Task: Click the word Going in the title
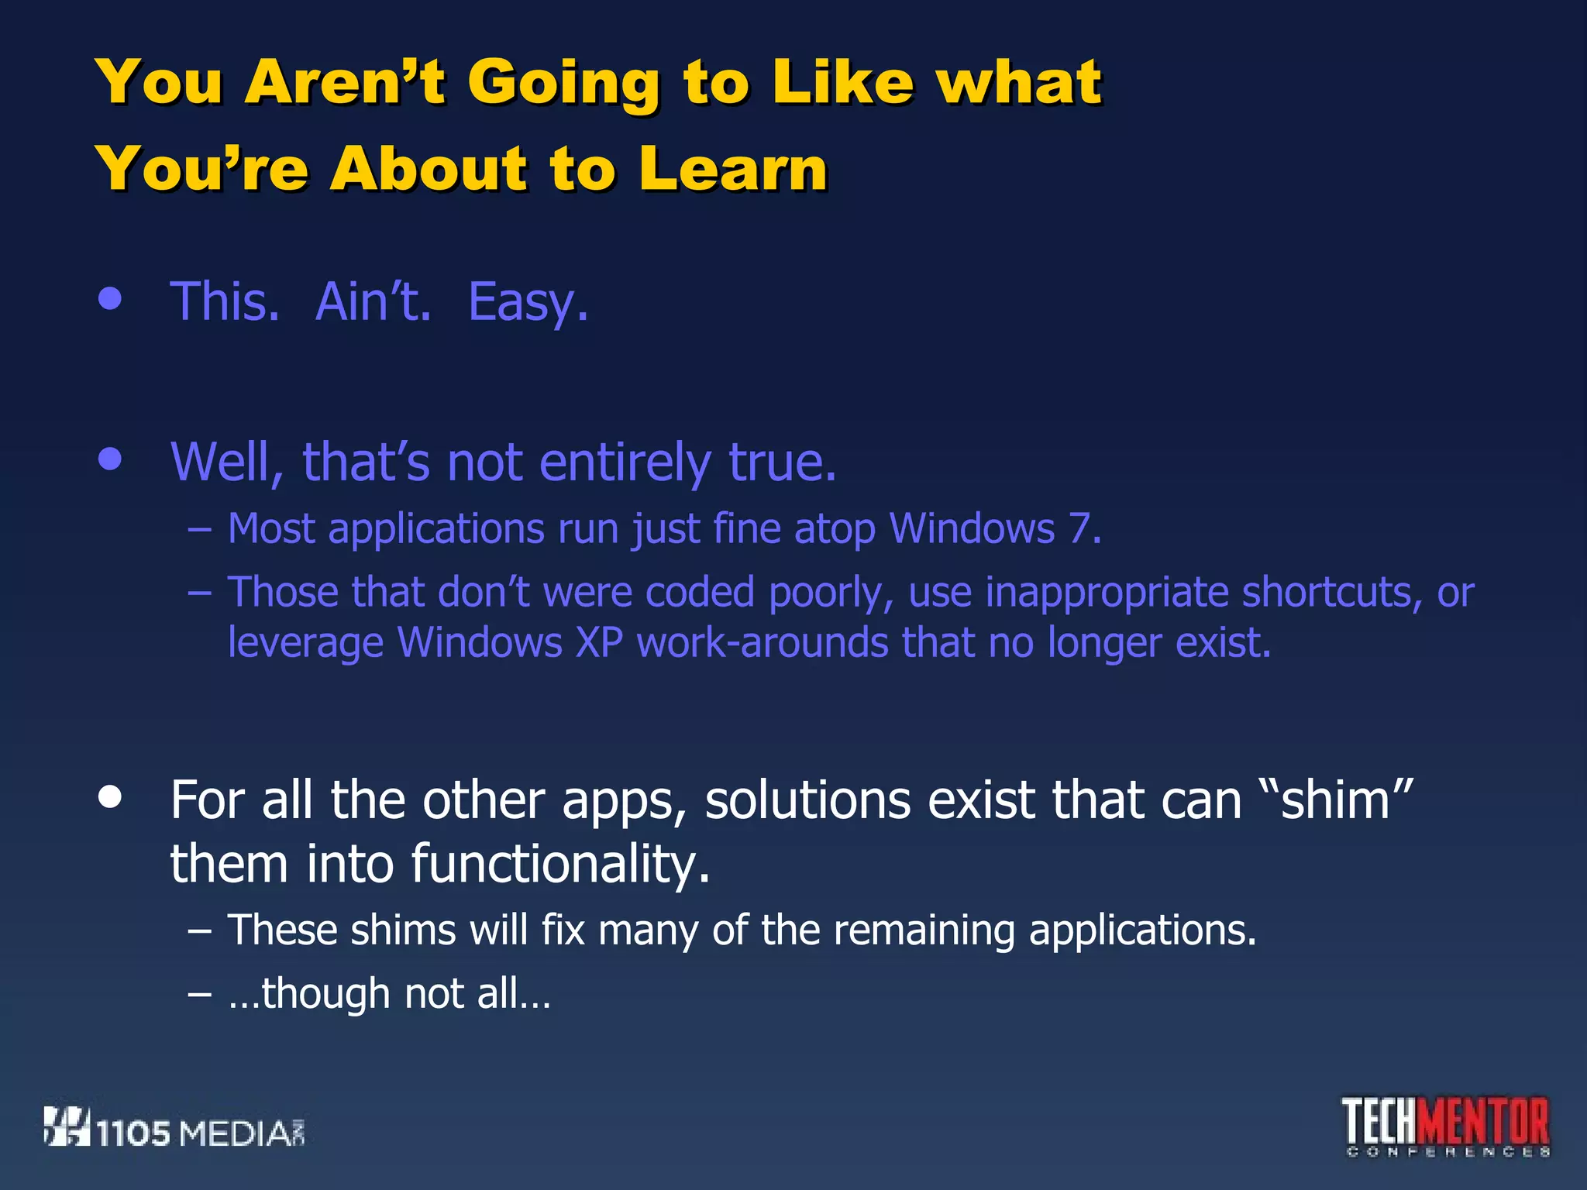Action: click(x=563, y=84)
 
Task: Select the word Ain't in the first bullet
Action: click(x=373, y=301)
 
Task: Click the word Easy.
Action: click(x=528, y=303)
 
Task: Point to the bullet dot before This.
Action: click(x=111, y=299)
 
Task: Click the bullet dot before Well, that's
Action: click(x=111, y=459)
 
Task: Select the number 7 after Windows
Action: click(x=1080, y=529)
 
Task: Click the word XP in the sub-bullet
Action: click(x=599, y=642)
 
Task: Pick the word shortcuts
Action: click(x=1332, y=593)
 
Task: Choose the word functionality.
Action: click(x=559, y=864)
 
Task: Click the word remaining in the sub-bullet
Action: click(x=924, y=930)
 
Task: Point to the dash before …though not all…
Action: click(x=199, y=994)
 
